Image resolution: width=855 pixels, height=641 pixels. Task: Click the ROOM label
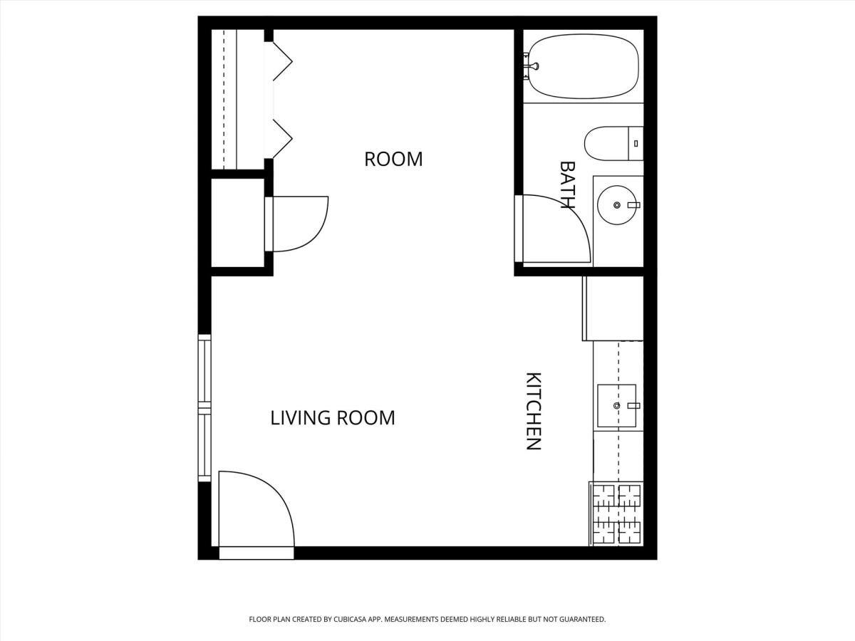(x=393, y=159)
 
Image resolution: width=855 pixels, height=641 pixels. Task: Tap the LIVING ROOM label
(x=333, y=418)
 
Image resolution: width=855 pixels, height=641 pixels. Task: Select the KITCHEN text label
(x=534, y=411)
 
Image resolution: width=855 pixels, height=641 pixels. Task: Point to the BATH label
(x=567, y=185)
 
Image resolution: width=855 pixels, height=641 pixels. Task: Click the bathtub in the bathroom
(x=583, y=66)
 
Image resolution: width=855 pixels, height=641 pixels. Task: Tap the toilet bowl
(x=607, y=143)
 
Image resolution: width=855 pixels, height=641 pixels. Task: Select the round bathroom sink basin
(x=617, y=205)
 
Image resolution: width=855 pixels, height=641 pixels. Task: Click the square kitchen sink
(x=617, y=406)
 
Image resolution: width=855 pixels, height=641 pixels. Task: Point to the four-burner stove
(x=616, y=514)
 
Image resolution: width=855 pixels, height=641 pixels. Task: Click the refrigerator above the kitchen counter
(x=613, y=308)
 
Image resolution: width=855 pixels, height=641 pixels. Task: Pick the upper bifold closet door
(x=282, y=61)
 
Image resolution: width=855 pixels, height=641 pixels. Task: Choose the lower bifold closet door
(x=282, y=139)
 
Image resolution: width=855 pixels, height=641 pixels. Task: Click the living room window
(x=204, y=408)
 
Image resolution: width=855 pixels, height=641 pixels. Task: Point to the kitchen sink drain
(x=616, y=406)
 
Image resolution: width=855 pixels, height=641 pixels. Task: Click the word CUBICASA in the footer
(x=351, y=619)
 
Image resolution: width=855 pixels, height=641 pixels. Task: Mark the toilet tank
(x=636, y=143)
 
